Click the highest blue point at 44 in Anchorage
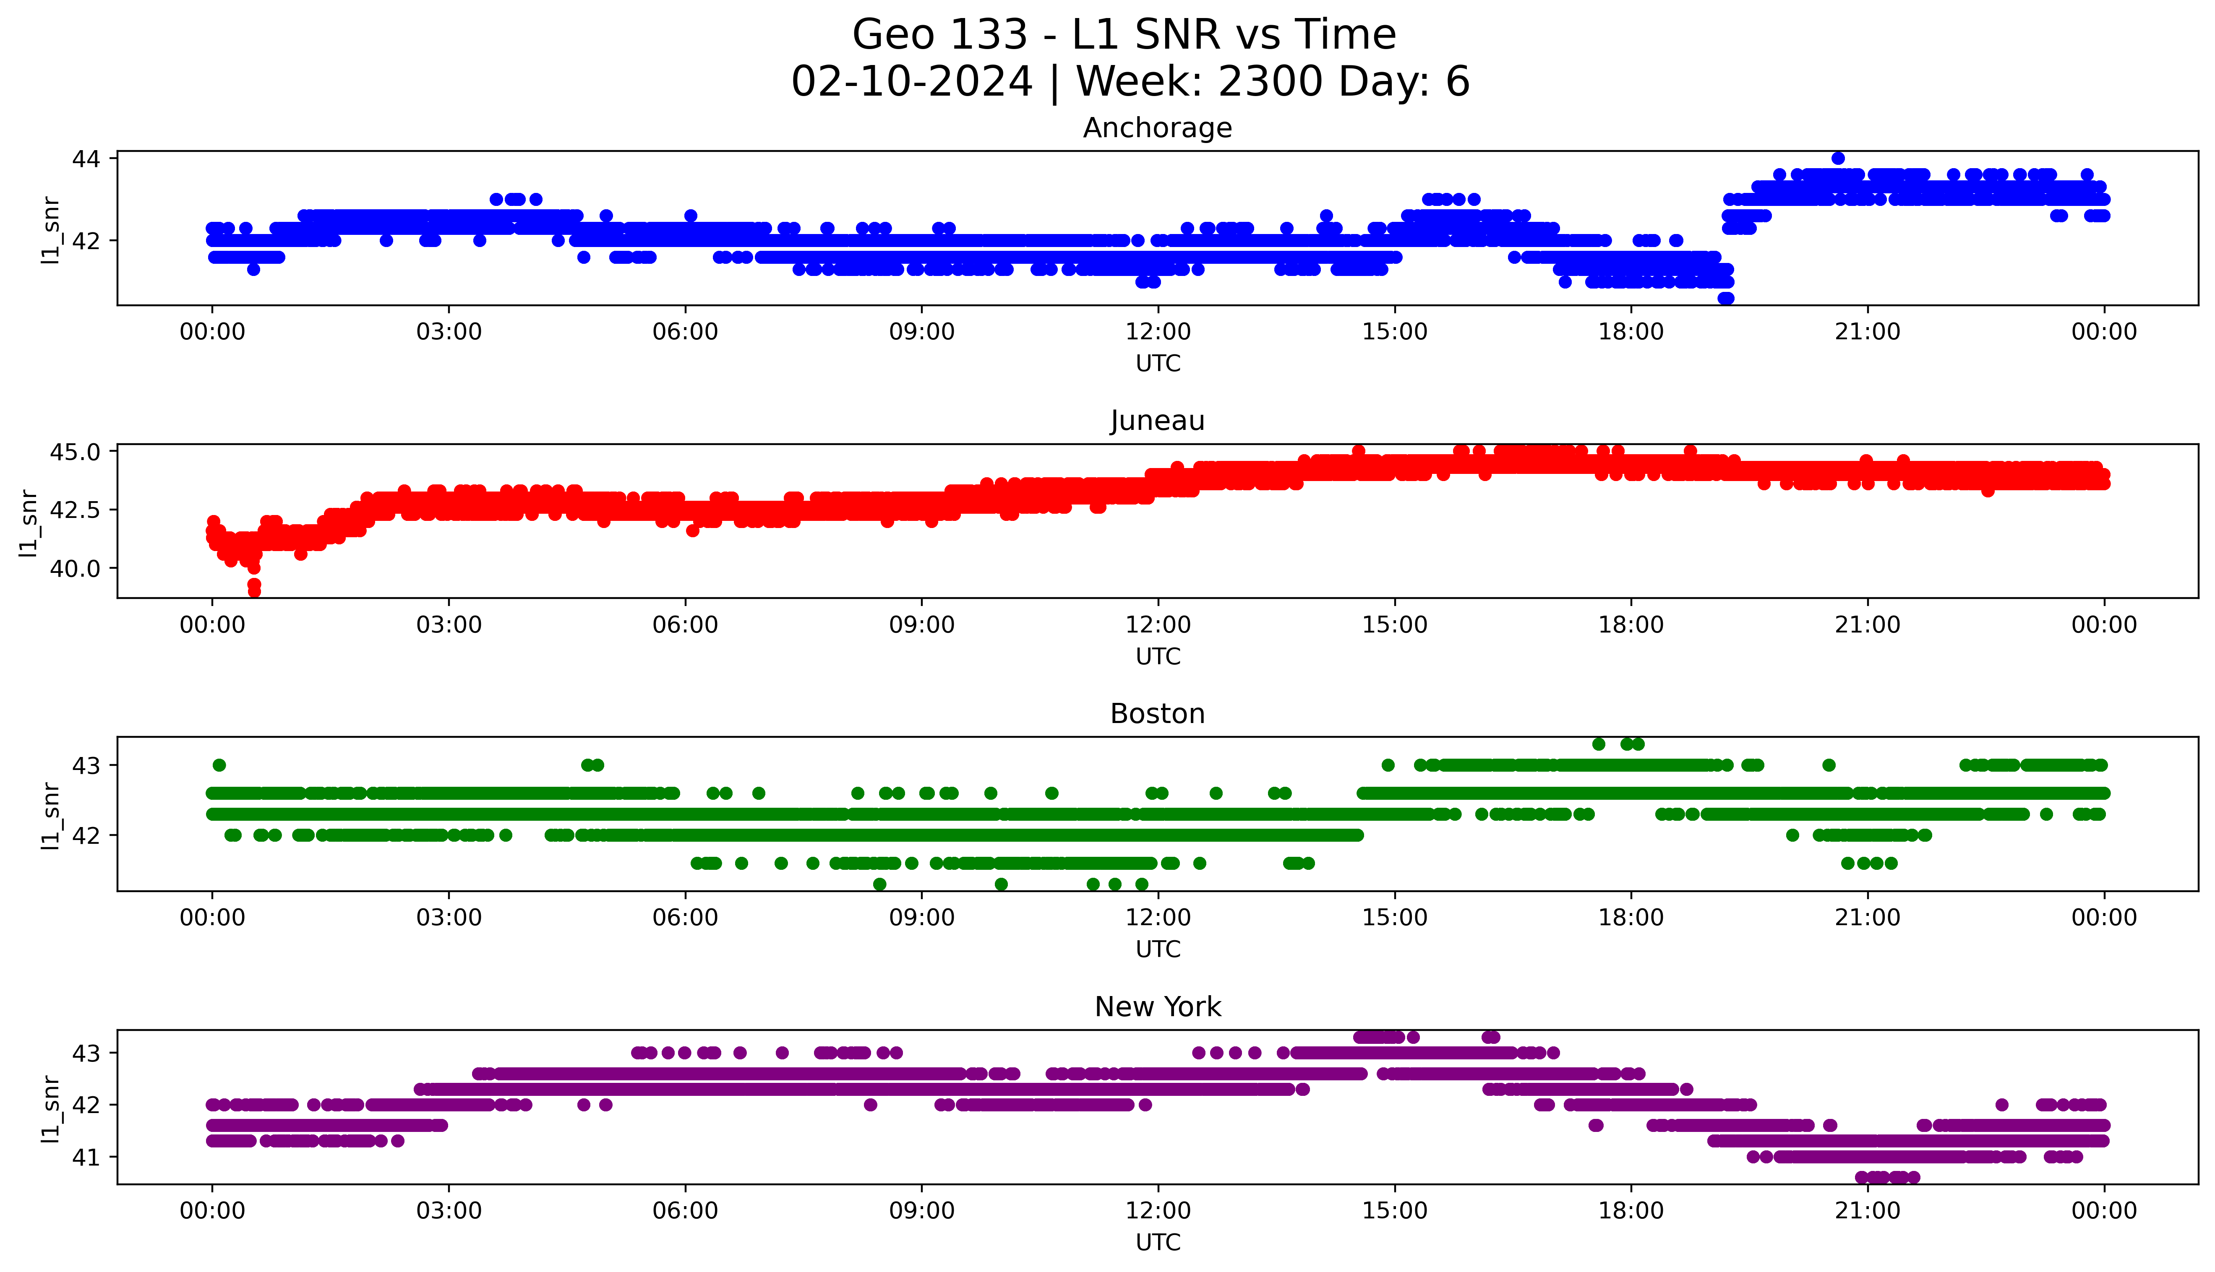coord(1837,158)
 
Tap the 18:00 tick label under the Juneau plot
coord(1631,624)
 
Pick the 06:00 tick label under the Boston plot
coord(685,917)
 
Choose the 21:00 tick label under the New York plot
coord(1867,1211)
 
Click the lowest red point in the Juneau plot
coord(254,591)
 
